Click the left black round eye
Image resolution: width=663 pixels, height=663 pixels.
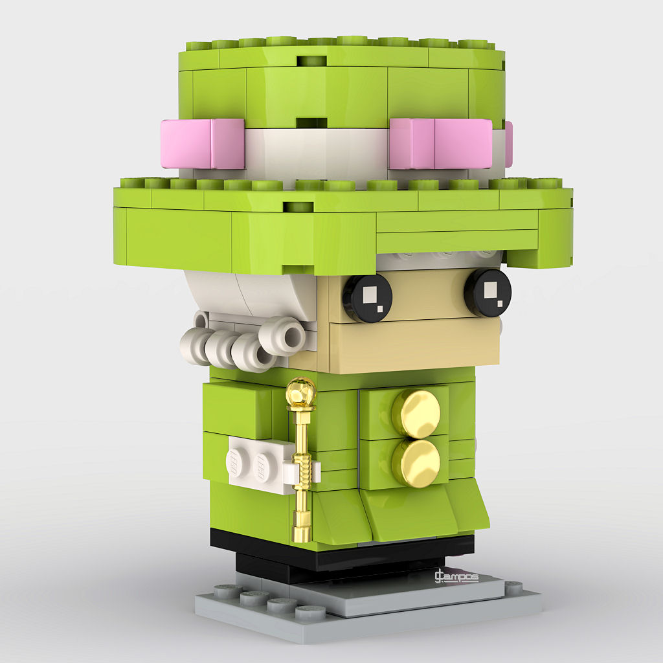tap(367, 298)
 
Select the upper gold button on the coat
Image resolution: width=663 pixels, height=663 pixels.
tap(416, 413)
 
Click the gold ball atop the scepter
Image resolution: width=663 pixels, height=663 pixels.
tap(301, 392)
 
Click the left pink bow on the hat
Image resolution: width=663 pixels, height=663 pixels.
tap(203, 144)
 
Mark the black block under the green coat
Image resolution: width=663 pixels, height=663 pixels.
tap(337, 550)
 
